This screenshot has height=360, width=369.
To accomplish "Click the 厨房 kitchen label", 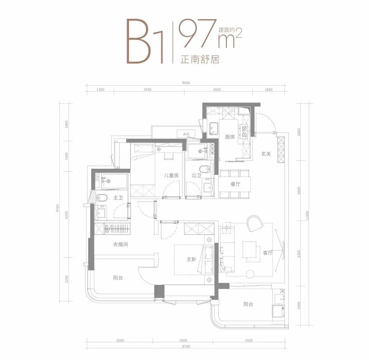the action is [x=230, y=137].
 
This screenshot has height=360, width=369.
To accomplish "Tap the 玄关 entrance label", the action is [x=266, y=154].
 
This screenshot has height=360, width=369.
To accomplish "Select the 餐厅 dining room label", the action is [x=235, y=184].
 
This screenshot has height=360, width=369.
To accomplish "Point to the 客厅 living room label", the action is [x=268, y=253].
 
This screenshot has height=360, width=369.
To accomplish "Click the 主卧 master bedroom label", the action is [x=191, y=259].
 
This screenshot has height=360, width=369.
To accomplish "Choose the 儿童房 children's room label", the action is [x=171, y=175].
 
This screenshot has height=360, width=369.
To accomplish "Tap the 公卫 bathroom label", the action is [x=196, y=175].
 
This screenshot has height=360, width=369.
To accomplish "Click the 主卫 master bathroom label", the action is [x=118, y=198].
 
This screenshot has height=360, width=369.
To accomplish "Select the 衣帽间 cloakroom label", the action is [x=121, y=245].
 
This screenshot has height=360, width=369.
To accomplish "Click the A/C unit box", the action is [x=187, y=134].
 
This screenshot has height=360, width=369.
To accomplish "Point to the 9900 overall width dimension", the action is [x=186, y=83].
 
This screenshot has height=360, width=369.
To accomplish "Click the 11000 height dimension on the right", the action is [x=307, y=216].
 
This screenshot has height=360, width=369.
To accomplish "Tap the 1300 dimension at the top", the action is [x=100, y=89].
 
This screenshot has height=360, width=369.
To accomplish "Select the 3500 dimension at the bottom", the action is [x=249, y=340].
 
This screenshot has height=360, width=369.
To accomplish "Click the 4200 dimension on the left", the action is [x=67, y=215].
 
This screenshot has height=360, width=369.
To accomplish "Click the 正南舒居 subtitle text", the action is [x=200, y=59].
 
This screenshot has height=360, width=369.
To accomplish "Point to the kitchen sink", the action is [x=214, y=129].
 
